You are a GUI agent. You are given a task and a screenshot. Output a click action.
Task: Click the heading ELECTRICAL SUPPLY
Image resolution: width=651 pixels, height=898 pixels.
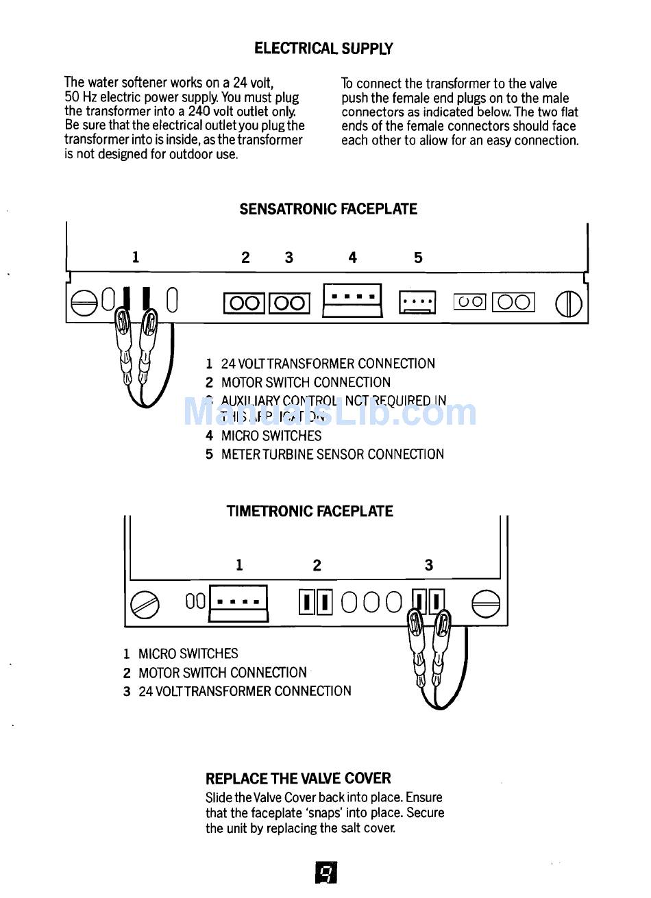323,49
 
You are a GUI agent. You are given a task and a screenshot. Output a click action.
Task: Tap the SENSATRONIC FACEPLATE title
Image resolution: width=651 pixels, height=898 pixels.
328,209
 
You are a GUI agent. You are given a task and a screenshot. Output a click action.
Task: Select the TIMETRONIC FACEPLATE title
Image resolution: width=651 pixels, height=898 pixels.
310,511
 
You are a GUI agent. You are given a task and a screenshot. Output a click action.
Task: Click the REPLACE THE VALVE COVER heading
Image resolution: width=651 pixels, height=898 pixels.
298,778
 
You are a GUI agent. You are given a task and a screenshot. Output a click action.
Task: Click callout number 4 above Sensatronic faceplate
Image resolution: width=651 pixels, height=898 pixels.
352,258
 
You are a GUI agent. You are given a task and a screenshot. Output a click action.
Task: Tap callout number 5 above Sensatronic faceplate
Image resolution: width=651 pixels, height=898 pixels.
418,258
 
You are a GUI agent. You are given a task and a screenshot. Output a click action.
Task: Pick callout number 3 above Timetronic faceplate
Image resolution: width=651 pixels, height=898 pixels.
429,565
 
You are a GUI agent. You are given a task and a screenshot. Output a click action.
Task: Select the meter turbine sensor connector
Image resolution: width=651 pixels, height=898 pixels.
417,301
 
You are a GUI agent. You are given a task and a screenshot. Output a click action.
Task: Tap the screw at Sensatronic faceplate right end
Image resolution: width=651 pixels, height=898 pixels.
568,303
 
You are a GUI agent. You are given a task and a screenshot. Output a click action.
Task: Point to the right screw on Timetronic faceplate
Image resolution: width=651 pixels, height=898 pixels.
486,603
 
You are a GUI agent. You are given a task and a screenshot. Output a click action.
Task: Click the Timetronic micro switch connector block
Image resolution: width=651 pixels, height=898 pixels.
238,603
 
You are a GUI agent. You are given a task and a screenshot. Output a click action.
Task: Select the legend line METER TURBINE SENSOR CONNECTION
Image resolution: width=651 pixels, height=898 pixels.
332,454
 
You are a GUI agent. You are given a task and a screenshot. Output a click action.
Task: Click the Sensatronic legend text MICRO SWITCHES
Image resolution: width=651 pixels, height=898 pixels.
271,436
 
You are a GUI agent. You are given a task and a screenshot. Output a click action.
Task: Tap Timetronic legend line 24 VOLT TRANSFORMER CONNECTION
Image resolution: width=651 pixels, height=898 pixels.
244,691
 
